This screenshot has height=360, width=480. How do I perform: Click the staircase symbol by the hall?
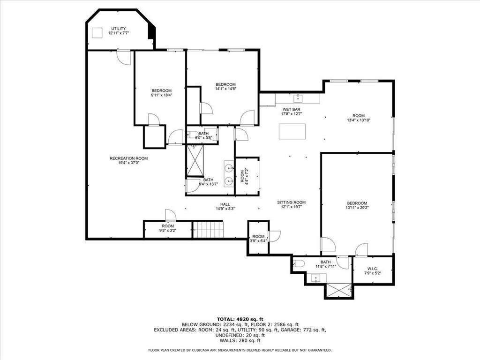tap(209, 229)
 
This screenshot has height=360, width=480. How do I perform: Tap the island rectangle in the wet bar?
tap(292, 131)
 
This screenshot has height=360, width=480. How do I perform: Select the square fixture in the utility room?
tap(97, 33)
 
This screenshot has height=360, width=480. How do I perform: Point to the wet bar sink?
tap(298, 98)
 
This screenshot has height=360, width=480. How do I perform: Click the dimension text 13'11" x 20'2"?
tap(357, 208)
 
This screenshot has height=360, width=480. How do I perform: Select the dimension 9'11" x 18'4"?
tap(162, 95)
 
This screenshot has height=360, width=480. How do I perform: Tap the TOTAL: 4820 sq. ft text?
tap(240, 319)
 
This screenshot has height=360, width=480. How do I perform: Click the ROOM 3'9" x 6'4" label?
tap(258, 239)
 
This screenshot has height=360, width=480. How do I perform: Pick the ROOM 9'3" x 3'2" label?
tap(168, 228)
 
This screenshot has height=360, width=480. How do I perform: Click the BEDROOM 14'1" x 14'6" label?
tap(225, 87)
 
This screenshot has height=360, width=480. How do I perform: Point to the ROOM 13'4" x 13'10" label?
tap(359, 118)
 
